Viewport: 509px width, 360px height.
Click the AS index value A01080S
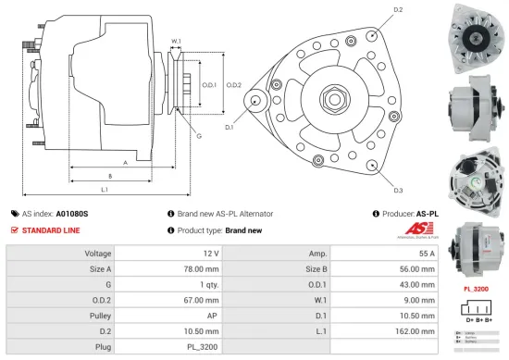tap(74, 212)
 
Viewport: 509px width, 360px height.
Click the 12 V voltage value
tap(210, 253)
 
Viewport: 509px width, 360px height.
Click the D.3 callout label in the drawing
tap(397, 190)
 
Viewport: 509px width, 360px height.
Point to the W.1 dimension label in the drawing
tap(176, 41)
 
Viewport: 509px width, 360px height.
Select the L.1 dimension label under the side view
tap(105, 190)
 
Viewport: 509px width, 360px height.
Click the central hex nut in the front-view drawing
tap(330, 97)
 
